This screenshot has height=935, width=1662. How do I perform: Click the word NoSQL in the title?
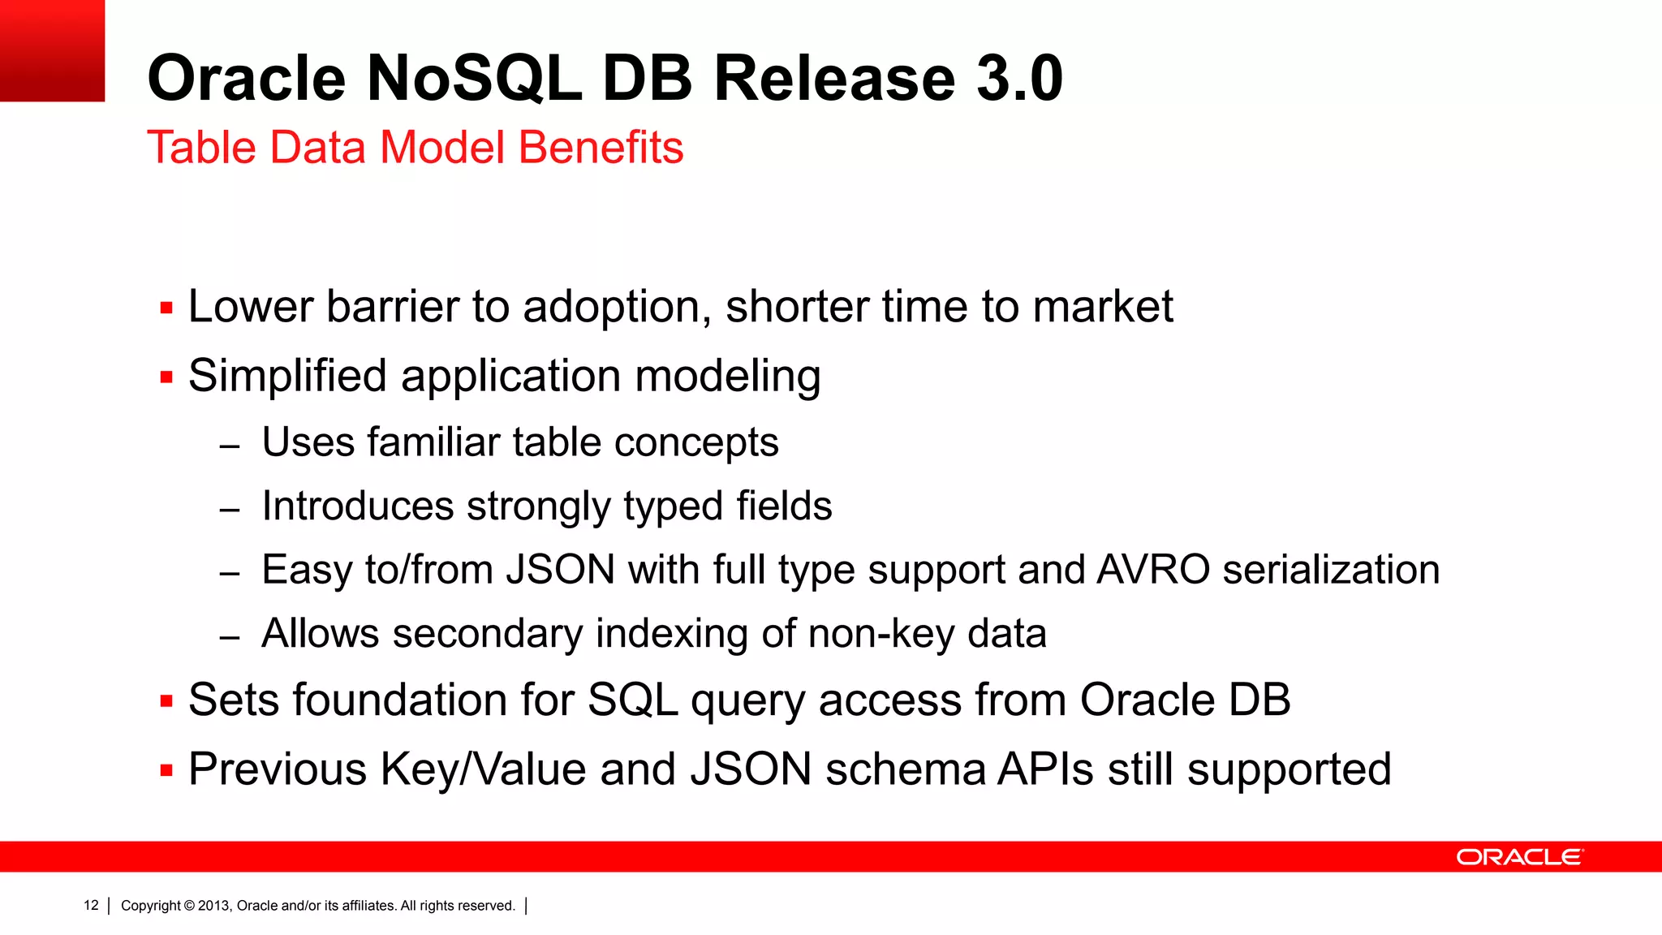(473, 79)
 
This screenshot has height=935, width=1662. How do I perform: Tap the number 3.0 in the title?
(1019, 79)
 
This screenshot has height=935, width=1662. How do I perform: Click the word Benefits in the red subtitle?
(601, 148)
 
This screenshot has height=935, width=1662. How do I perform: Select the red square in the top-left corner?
(52, 50)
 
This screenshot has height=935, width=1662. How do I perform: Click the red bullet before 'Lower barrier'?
(166, 308)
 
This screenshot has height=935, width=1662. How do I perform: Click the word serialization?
(1331, 570)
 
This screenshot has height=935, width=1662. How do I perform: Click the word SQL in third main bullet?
(633, 700)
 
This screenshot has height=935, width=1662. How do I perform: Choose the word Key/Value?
(484, 770)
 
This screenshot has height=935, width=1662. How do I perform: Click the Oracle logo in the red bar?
(1519, 857)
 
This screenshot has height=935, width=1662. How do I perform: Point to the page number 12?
(91, 906)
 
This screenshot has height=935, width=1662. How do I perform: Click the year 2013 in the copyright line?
(214, 906)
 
